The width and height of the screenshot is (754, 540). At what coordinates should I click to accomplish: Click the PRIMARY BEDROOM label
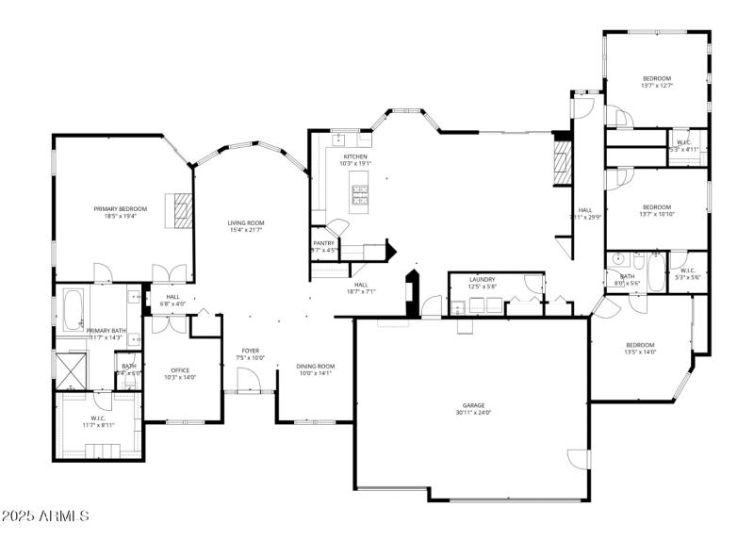[x=120, y=208]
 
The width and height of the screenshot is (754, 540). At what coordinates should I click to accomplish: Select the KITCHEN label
[x=355, y=156]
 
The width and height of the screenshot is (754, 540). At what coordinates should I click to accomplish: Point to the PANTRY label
[x=324, y=243]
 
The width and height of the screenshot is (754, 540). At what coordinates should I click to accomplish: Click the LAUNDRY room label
[x=483, y=279]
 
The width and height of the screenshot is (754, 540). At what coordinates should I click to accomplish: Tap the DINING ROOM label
[x=315, y=366]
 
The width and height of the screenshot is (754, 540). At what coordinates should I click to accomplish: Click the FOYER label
[x=250, y=351]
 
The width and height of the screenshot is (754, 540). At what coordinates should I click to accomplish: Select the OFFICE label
[x=181, y=370]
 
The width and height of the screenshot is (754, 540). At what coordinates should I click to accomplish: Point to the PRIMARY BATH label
[x=107, y=331]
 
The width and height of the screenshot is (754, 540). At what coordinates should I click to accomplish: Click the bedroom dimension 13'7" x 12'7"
[x=656, y=86]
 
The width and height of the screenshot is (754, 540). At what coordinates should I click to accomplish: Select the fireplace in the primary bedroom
[x=179, y=210]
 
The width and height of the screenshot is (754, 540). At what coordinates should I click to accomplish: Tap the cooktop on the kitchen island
[x=360, y=194]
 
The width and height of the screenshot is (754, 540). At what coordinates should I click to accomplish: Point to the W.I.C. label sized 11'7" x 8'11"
[x=97, y=421]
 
